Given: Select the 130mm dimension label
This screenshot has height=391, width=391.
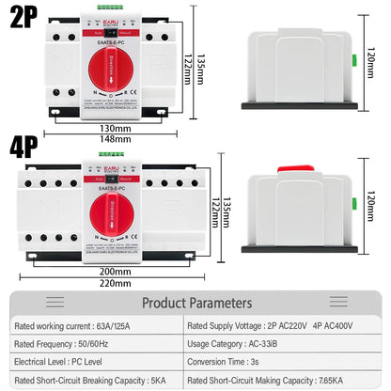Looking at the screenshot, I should (x=115, y=129).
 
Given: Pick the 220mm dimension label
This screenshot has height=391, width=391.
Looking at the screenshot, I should (x=115, y=282).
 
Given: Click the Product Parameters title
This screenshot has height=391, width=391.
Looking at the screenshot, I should (x=196, y=304).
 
